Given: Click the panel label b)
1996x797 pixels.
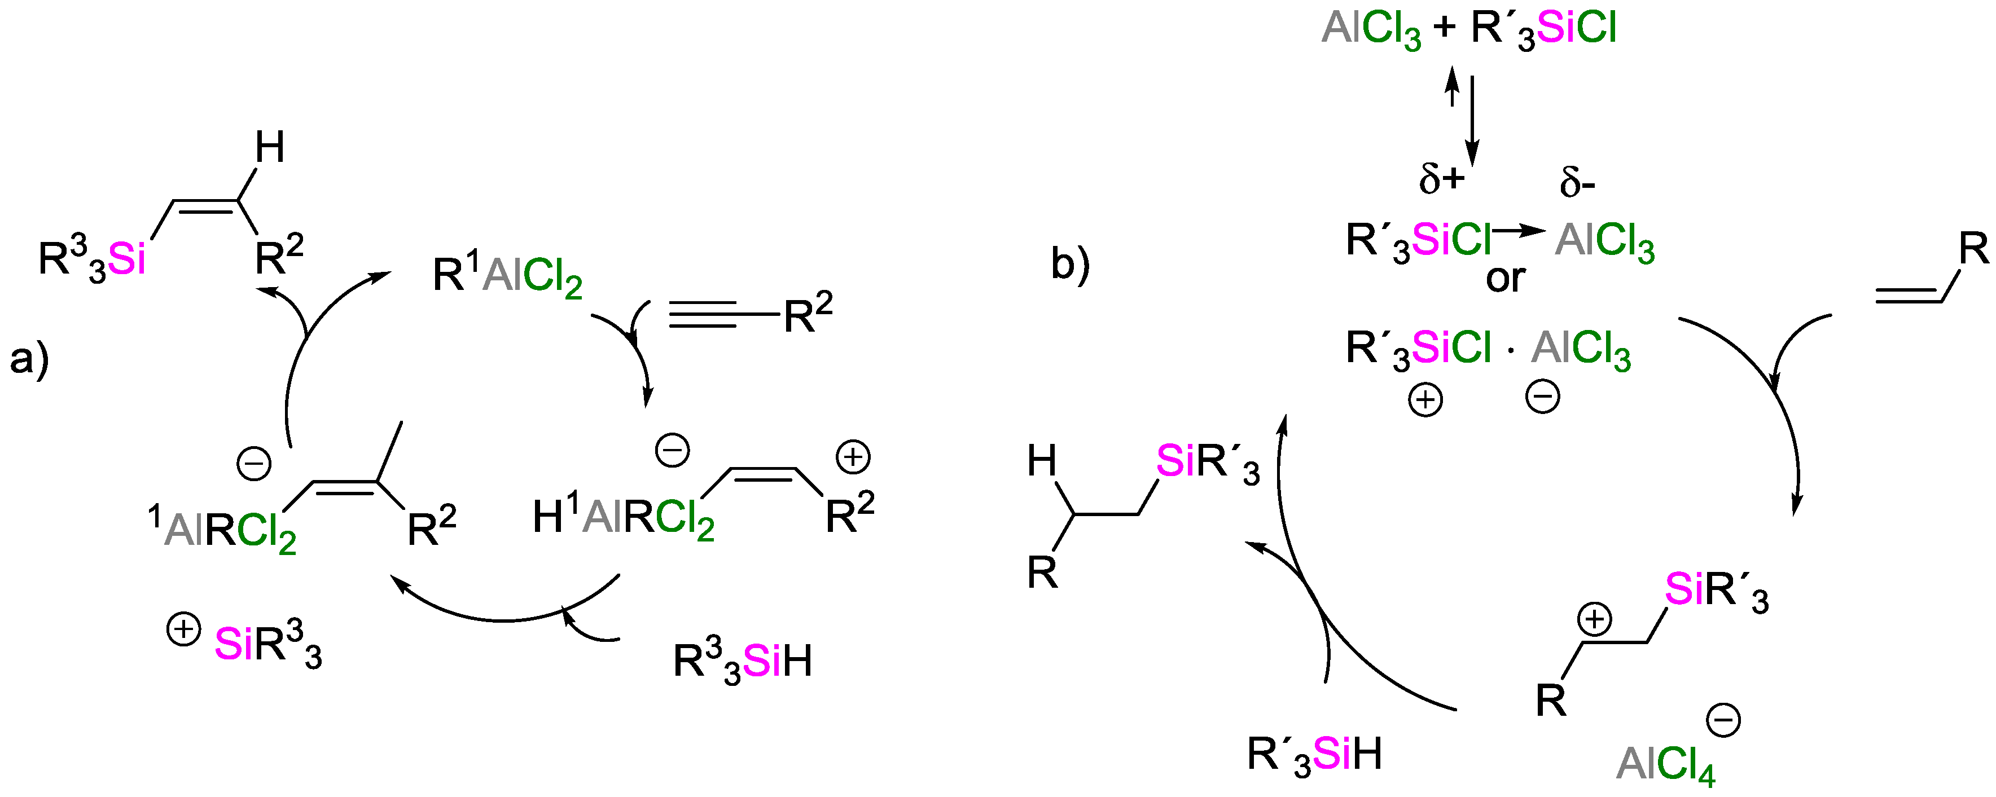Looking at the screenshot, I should point(1070,263).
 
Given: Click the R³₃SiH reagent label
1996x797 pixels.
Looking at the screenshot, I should point(742,662).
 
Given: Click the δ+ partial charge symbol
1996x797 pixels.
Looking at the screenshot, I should point(1442,180).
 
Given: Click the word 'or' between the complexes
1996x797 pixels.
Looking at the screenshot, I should point(1504,278).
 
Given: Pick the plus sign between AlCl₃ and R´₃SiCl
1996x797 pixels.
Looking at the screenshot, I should point(1444,29).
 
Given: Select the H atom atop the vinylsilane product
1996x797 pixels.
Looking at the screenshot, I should point(270,147).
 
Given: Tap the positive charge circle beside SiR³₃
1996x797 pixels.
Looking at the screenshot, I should point(183,629).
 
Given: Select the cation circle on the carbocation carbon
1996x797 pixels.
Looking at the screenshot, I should point(1594,620).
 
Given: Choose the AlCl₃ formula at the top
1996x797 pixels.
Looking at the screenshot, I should point(1371,29).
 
